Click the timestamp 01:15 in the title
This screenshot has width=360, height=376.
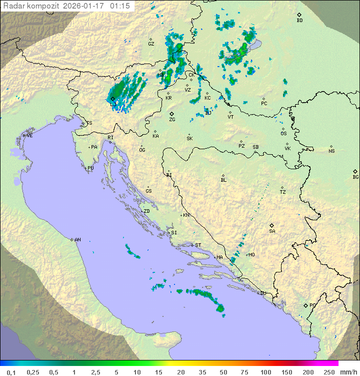pyautogui.click(x=120, y=6)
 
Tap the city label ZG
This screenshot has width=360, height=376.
pyautogui.click(x=172, y=120)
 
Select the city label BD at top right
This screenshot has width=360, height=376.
pyautogui.click(x=299, y=21)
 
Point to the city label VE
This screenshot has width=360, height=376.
pyautogui.click(x=29, y=136)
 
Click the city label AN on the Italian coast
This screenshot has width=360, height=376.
pyautogui.click(x=77, y=240)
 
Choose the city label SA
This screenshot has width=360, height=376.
pyautogui.click(x=272, y=231)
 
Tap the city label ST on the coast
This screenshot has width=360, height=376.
pyautogui.click(x=198, y=245)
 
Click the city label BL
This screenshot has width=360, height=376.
pyautogui.click(x=223, y=180)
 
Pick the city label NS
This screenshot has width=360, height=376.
pyautogui.click(x=331, y=151)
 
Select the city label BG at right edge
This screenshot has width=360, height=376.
pyautogui.click(x=355, y=177)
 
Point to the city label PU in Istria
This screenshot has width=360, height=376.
pyautogui.click(x=90, y=168)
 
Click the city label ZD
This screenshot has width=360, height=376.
pyautogui.click(x=146, y=211)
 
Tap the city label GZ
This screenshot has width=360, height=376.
pyautogui.click(x=151, y=44)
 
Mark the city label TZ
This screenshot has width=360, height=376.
pyautogui.click(x=282, y=192)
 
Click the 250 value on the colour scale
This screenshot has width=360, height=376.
pyautogui.click(x=329, y=372)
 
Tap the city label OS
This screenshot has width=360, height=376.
pyautogui.click(x=283, y=134)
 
